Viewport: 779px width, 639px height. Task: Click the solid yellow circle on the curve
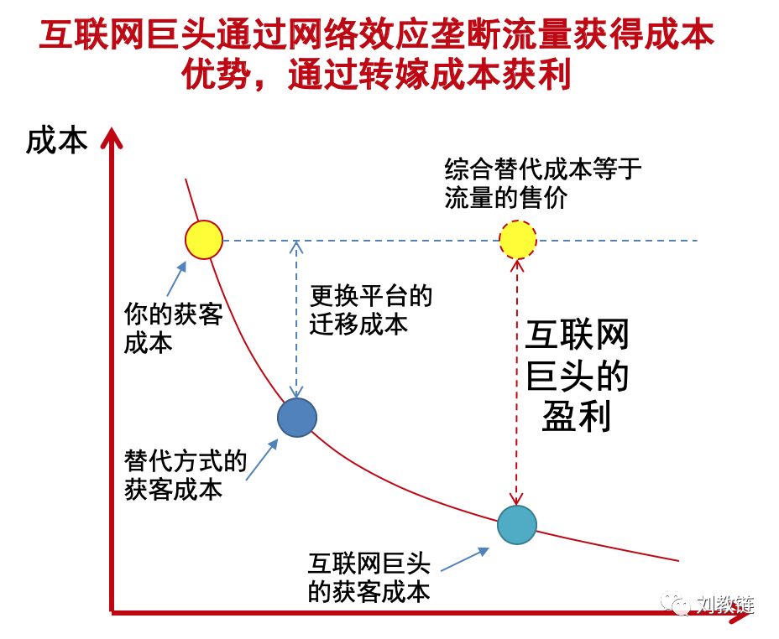[204, 240]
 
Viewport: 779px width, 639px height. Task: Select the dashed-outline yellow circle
[518, 240]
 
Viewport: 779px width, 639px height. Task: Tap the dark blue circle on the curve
[296, 418]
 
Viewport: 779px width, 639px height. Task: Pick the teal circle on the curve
[517, 525]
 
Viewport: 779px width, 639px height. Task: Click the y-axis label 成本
[56, 140]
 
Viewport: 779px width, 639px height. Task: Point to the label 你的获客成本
[174, 329]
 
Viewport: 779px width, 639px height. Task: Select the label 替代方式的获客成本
[186, 475]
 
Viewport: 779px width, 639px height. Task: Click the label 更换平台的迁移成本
[371, 310]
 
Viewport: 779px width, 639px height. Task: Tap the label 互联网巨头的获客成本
[369, 578]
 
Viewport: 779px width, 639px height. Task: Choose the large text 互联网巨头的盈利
[577, 375]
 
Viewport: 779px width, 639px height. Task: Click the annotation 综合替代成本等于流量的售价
[542, 184]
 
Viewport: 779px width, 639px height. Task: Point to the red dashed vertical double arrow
[517, 382]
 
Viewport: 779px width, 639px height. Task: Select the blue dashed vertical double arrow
[296, 319]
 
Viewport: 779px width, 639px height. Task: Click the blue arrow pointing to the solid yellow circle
[176, 280]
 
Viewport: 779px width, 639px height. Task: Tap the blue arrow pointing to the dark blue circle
[262, 460]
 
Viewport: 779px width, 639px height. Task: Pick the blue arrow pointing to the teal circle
[464, 559]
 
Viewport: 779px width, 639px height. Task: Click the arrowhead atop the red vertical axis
[112, 138]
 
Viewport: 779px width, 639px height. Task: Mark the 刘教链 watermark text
[726, 605]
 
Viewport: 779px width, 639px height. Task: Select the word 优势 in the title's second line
[216, 75]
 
